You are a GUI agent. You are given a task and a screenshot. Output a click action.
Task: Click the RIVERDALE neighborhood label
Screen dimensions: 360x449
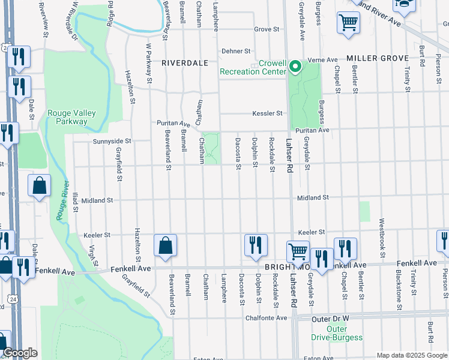point(184,62)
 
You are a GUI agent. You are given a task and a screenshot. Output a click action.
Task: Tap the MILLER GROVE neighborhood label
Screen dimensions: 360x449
point(378,58)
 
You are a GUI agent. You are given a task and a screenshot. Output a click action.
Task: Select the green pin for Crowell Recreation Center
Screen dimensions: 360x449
point(295,66)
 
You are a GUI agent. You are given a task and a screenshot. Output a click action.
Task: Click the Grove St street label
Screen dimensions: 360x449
point(267,28)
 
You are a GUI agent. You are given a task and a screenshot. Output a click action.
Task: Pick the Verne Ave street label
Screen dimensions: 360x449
point(319,60)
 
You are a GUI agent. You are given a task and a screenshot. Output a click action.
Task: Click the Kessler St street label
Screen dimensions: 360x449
point(267,113)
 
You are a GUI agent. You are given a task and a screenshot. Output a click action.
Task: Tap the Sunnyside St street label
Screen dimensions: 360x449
point(112,141)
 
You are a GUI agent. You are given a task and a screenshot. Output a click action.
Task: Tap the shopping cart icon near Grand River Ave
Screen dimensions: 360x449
point(349,23)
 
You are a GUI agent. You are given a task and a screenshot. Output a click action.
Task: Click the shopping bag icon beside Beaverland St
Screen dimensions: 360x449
point(165,246)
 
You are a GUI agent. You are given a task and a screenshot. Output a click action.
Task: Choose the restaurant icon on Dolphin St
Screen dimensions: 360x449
point(256,245)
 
